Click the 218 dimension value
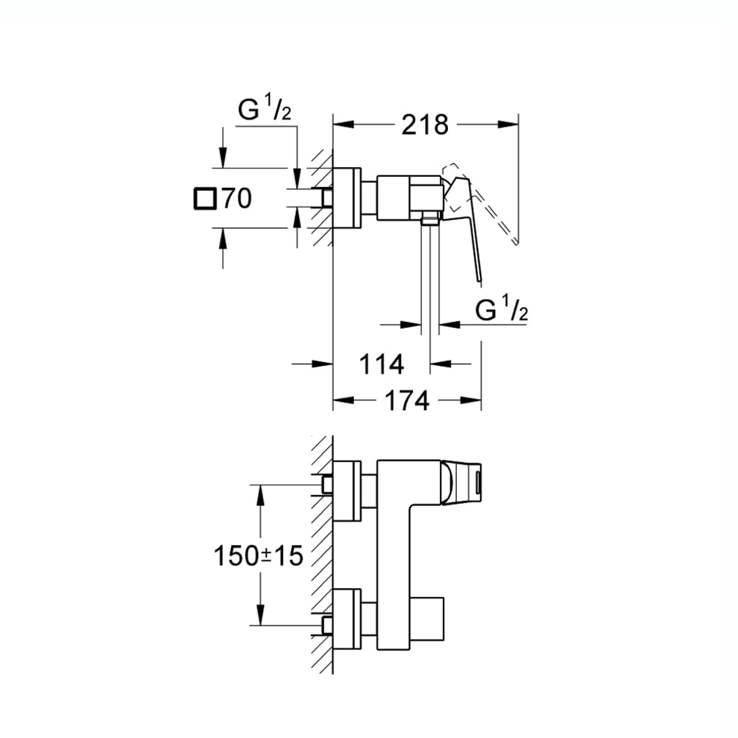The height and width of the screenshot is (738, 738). click(425, 125)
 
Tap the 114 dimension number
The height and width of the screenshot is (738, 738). click(381, 365)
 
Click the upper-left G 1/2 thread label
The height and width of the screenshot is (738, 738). click(264, 110)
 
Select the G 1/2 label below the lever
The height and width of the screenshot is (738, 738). click(501, 310)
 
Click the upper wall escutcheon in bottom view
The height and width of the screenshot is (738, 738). click(347, 491)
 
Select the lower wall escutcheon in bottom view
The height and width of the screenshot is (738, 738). click(347, 618)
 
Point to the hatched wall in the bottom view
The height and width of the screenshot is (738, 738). click(321, 552)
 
